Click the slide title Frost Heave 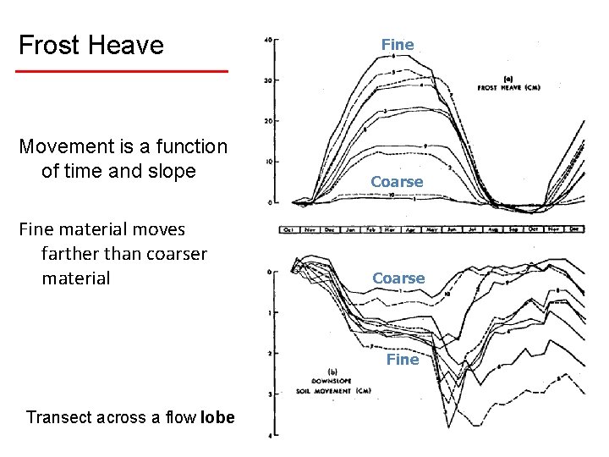coord(91,45)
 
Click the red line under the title coord(123,71)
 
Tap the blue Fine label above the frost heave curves coord(398,45)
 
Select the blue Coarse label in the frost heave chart coord(397,182)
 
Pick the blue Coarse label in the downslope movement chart coord(398,278)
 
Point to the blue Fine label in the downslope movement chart coord(403,360)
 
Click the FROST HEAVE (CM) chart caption coord(508,88)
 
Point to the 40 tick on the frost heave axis coord(268,40)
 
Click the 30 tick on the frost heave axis coord(268,80)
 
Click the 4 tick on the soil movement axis coord(268,435)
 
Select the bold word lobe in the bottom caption coord(218,417)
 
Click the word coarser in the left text coord(176,254)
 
